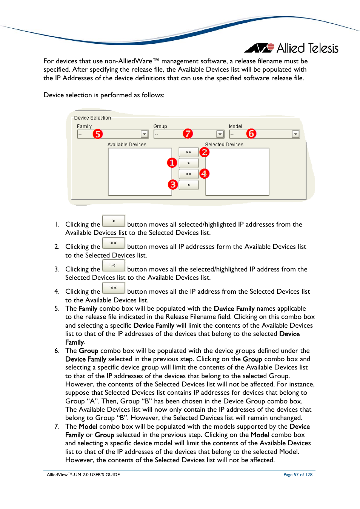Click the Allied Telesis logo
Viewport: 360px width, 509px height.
coord(291,48)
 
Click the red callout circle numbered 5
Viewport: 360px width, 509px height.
coord(98,134)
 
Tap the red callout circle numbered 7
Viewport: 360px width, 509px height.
coord(188,133)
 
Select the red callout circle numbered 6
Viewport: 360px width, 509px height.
coord(251,133)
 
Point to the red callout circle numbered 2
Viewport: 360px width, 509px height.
coord(205,152)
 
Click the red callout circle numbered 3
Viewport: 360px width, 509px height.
coord(173,184)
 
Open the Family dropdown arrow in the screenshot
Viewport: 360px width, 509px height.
coord(145,134)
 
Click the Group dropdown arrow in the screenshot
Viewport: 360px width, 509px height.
coord(220,134)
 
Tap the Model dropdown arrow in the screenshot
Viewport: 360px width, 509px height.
coord(295,134)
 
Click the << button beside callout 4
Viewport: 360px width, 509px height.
coord(188,174)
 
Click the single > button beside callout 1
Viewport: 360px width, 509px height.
coord(188,163)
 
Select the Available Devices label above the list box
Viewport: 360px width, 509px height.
coord(127,144)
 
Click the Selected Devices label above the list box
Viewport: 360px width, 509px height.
coord(224,144)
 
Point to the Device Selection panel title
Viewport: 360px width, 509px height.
coord(92,118)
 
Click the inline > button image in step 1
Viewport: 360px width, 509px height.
coord(114,221)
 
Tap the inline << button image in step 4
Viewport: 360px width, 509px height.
coord(114,288)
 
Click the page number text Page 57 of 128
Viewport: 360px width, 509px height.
coord(298,475)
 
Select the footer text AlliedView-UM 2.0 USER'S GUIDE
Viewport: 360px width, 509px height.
coord(83,475)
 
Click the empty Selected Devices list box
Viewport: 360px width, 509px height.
coord(237,172)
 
